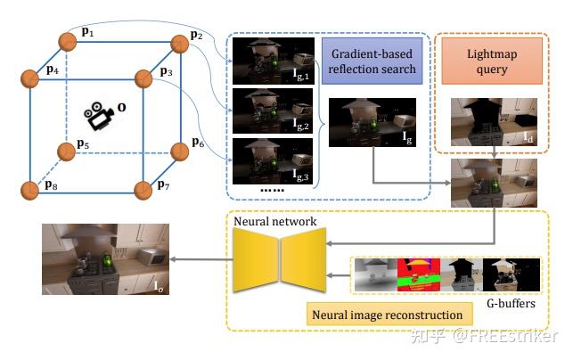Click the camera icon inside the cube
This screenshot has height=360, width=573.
point(98,114)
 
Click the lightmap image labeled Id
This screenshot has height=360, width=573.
point(487,120)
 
